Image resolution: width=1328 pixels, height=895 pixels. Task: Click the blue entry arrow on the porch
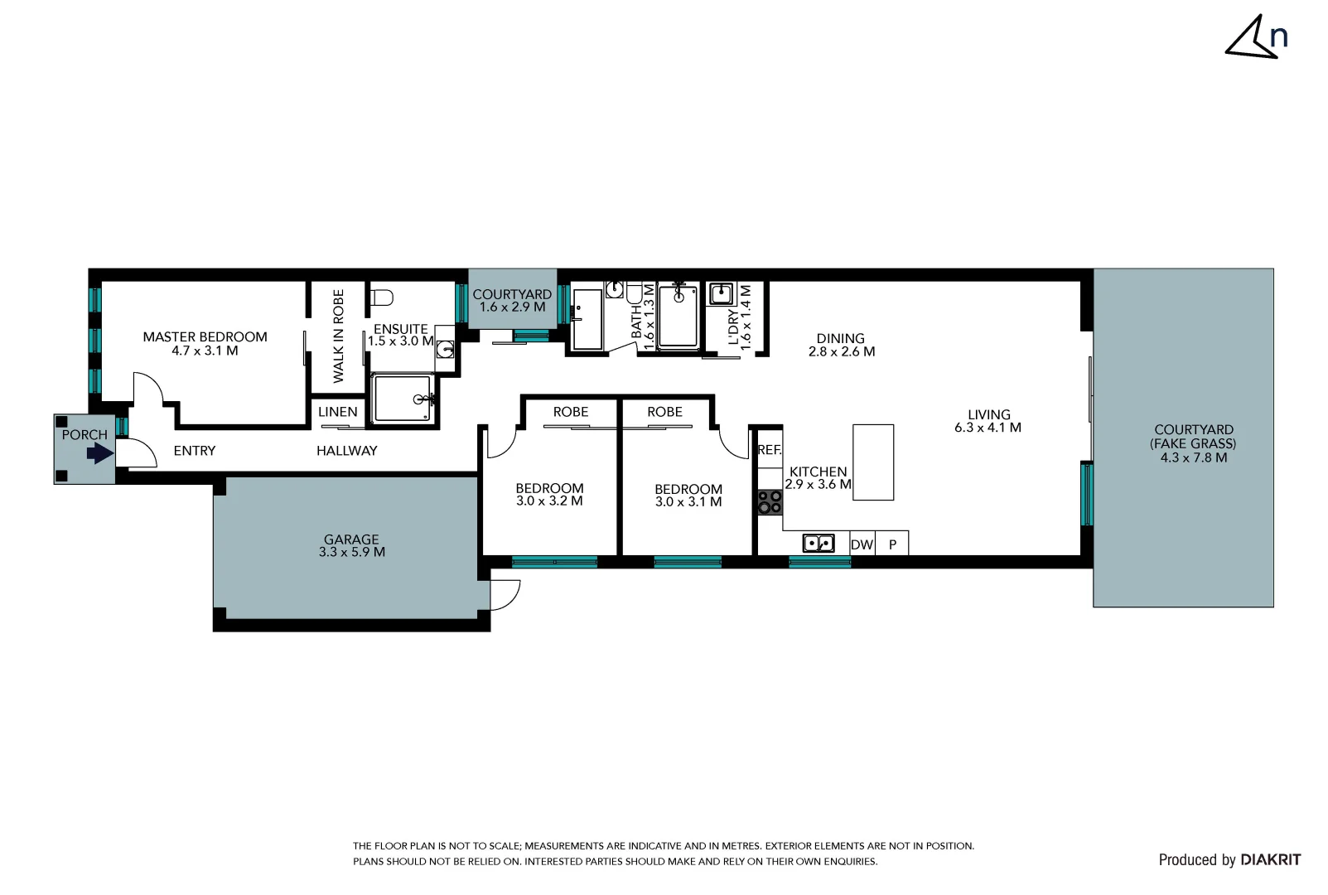(100, 453)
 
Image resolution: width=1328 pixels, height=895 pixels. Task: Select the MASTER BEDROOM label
(205, 336)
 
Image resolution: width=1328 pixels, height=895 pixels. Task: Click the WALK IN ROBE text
(338, 336)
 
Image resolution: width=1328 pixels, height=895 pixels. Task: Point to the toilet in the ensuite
(382, 297)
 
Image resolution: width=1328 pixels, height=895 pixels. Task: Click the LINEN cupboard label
(338, 412)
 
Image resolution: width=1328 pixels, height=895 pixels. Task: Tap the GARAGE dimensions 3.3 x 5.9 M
(352, 552)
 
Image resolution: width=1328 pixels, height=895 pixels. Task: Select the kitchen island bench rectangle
(873, 462)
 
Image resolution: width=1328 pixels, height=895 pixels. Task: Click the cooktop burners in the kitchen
(770, 502)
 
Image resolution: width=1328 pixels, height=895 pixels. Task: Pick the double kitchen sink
(819, 544)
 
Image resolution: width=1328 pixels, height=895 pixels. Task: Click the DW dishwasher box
(862, 544)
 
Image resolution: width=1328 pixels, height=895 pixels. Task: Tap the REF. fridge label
(770, 450)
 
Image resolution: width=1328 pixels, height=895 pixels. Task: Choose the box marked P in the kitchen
(892, 544)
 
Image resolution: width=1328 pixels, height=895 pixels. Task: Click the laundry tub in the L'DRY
(722, 293)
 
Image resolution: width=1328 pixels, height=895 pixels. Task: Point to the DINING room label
(840, 338)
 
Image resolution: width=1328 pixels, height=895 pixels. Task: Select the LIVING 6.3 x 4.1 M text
(988, 421)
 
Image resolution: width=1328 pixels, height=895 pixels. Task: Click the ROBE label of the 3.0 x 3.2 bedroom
(570, 412)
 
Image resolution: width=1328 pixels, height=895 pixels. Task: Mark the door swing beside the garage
(504, 593)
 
